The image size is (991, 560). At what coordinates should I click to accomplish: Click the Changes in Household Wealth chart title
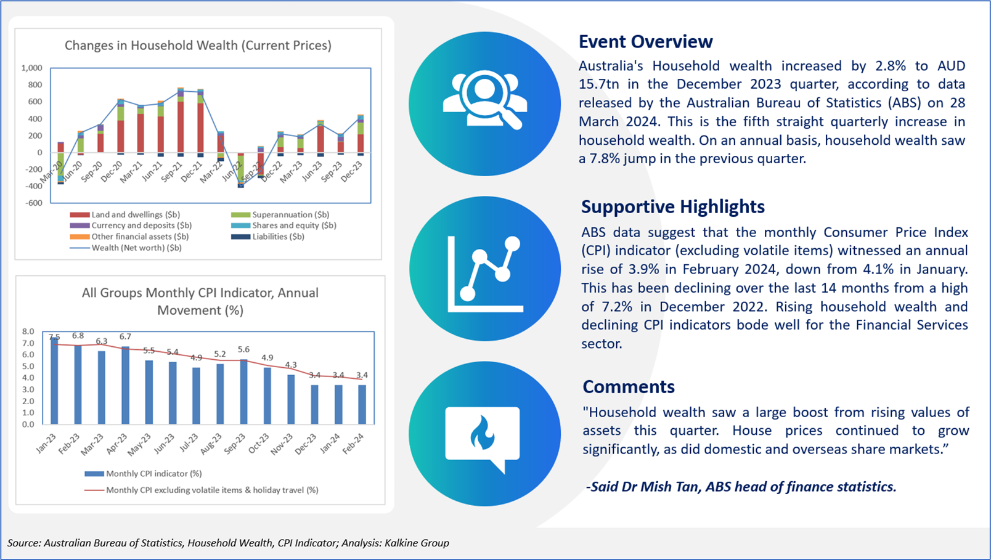198,46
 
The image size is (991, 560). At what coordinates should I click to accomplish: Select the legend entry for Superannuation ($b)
280,214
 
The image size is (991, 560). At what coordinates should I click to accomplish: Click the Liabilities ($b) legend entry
267,237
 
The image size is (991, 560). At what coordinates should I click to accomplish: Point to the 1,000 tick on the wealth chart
31,68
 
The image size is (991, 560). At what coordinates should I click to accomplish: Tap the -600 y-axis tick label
34,203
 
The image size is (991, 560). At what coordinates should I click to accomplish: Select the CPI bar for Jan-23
54,381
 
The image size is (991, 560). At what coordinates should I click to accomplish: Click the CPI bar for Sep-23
244,392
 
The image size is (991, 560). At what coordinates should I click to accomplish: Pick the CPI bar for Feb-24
362,405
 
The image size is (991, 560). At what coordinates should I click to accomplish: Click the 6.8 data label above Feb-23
78,336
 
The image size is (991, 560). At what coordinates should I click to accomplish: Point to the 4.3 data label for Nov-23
291,365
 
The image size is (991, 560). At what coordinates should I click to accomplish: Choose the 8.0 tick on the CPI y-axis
28,331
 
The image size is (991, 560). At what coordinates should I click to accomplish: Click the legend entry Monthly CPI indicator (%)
144,474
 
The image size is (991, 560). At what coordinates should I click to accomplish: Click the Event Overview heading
645,41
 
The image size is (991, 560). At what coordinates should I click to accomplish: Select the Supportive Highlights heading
673,206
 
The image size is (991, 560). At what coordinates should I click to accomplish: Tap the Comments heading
629,387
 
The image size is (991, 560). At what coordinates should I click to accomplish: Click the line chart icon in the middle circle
485,274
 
